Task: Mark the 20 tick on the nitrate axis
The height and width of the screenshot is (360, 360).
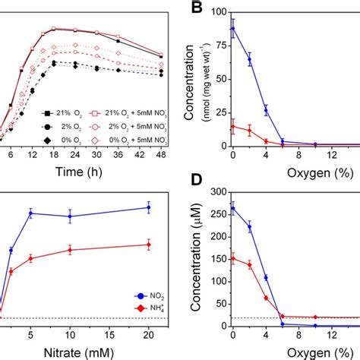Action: click(x=148, y=333)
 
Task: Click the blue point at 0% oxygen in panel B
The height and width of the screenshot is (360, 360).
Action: click(x=232, y=29)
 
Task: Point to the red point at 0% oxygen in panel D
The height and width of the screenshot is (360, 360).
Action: click(x=232, y=258)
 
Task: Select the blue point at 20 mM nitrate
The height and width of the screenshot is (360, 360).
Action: click(x=148, y=207)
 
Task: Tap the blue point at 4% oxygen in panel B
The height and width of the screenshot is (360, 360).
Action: click(x=266, y=109)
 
